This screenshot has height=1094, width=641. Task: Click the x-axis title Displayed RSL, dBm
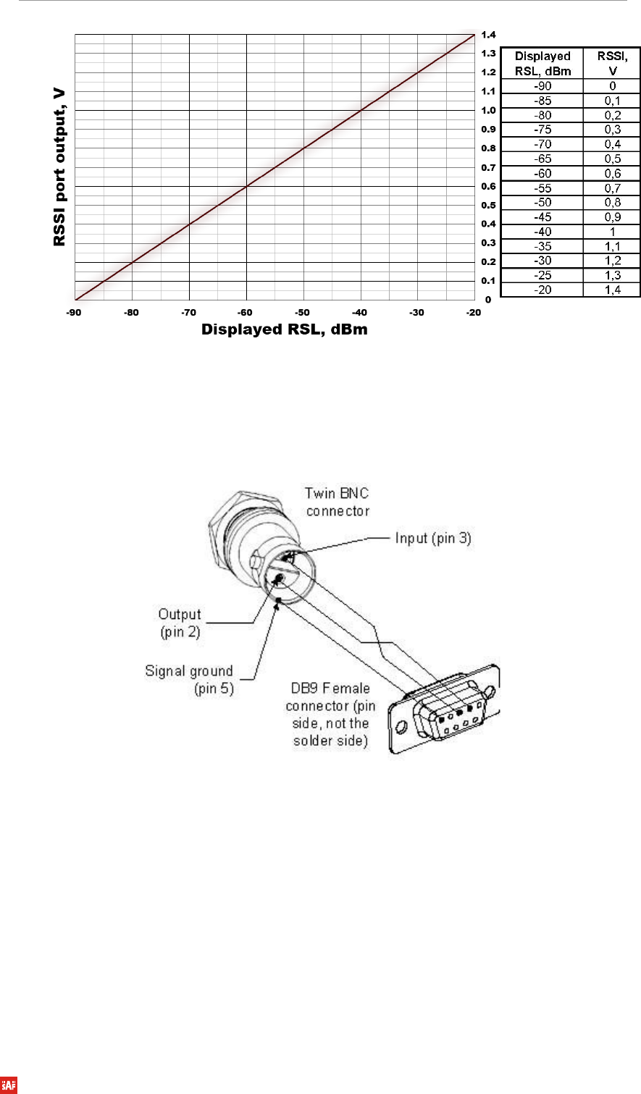[285, 329]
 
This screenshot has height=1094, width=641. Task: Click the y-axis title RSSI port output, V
[59, 167]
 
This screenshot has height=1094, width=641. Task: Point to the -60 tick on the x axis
[245, 313]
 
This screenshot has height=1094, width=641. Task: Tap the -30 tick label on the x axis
[416, 313]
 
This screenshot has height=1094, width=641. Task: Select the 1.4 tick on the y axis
[488, 35]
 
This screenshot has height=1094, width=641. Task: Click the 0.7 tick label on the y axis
[488, 167]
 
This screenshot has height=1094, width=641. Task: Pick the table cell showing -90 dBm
[542, 86]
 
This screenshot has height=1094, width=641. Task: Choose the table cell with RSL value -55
[542, 188]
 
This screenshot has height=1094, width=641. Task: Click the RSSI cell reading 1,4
[613, 290]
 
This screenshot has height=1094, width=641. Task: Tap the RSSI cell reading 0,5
[613, 159]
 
